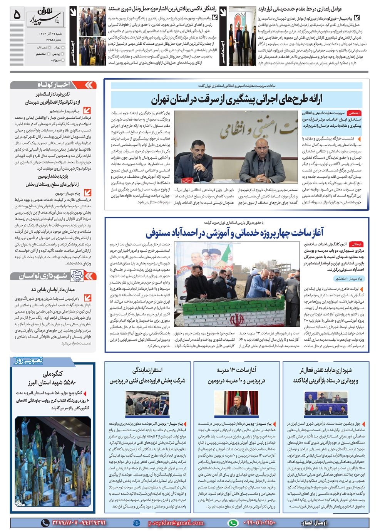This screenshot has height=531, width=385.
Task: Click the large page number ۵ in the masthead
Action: (17, 14)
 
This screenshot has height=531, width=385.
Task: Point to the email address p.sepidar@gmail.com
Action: (176, 523)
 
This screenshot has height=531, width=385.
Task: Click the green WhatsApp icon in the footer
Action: (233, 523)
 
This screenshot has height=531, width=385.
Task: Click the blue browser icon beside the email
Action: (136, 523)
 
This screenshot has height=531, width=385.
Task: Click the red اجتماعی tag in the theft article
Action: (353, 113)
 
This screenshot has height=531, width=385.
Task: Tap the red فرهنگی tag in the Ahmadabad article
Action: (356, 244)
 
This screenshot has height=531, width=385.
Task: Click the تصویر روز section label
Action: (29, 361)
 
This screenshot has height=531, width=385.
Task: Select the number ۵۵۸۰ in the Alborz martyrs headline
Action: (68, 382)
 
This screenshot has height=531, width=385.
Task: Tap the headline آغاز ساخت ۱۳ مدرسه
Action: (236, 370)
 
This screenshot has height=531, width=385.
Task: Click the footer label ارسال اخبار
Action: (314, 523)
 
